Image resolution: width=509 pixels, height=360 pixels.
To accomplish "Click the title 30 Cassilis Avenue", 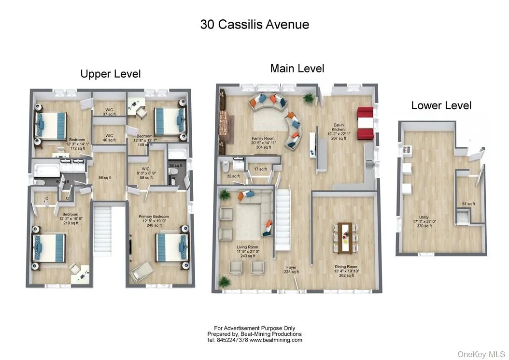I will click(254, 25).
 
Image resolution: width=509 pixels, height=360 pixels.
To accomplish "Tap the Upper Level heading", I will click(111, 74).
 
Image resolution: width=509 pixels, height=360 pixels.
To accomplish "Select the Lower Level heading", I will click(441, 105).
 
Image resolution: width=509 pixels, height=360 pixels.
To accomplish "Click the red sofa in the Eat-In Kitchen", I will click(365, 123).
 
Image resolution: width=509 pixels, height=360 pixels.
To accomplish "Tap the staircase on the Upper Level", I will click(103, 230).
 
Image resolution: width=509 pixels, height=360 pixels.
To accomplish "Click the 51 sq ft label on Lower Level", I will click(468, 204).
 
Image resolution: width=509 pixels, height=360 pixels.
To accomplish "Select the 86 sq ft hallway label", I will click(104, 178).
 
